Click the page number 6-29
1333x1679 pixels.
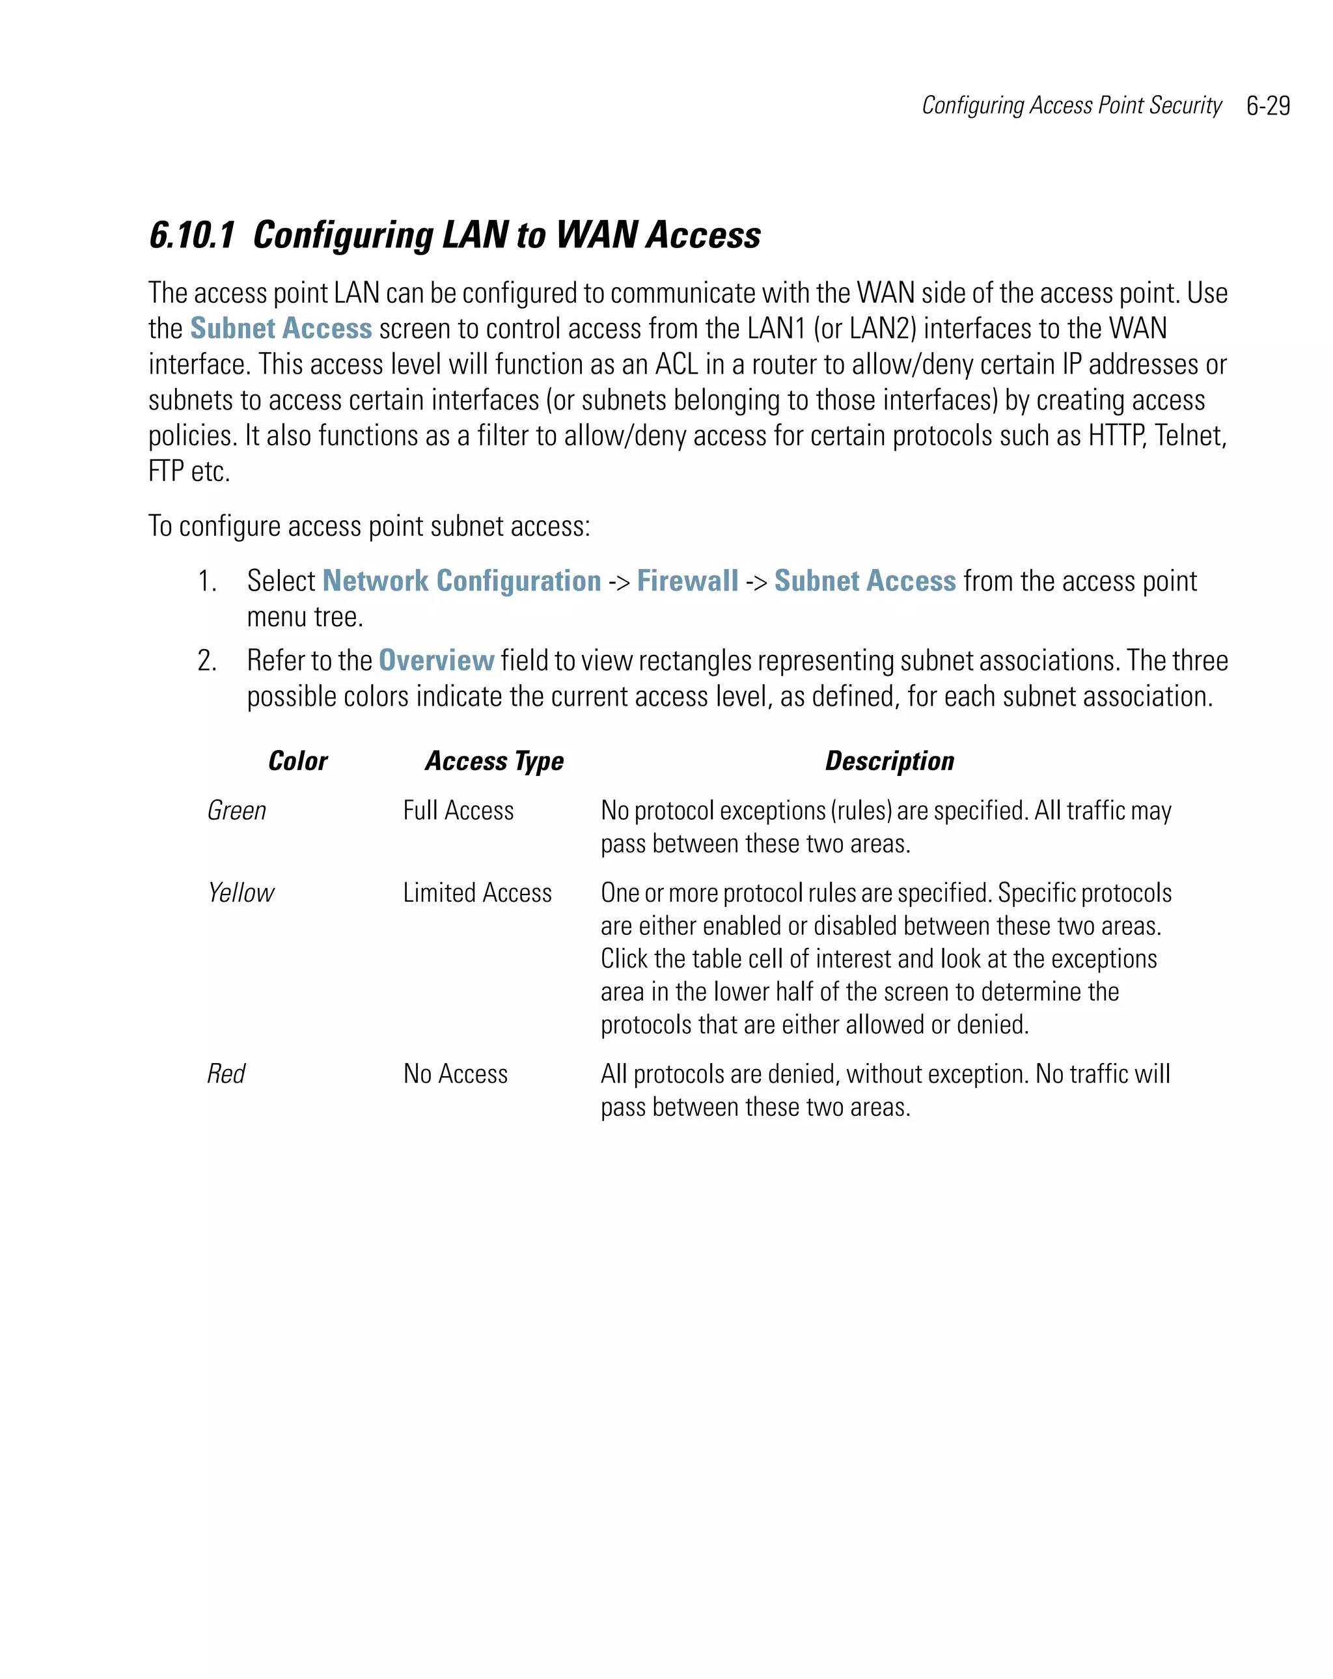(1268, 106)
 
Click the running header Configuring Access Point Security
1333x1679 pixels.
(1071, 106)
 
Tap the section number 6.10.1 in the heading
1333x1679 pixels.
(191, 235)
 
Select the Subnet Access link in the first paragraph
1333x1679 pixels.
(281, 329)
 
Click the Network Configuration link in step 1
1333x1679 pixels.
(461, 581)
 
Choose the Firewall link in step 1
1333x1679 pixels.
(687, 581)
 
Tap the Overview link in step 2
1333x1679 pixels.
(436, 660)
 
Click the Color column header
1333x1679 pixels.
(297, 761)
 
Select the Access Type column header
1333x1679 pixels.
(493, 761)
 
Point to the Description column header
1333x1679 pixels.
(889, 761)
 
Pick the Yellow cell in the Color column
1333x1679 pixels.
(241, 893)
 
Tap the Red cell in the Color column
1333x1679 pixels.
(226, 1074)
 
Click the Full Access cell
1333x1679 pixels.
(458, 811)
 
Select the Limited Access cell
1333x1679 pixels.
(476, 893)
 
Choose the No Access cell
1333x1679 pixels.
(455, 1074)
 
